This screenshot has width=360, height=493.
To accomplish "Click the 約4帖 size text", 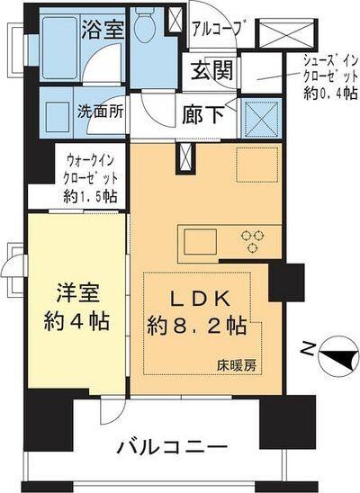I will click(x=77, y=321).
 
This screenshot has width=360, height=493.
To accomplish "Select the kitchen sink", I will click(x=196, y=240).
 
